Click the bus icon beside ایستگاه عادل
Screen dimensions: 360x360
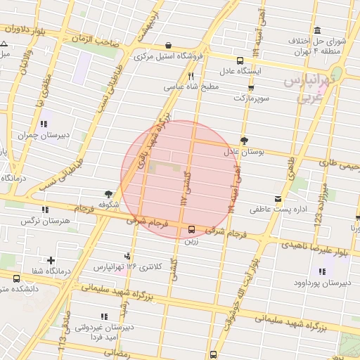click(240, 60)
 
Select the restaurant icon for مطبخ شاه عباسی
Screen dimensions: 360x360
click(191, 76)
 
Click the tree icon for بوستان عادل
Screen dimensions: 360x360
click(243, 140)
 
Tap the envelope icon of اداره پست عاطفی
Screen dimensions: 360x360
click(278, 199)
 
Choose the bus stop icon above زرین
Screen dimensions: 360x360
click(191, 229)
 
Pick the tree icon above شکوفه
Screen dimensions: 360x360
click(108, 193)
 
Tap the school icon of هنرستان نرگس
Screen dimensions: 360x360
click(46, 210)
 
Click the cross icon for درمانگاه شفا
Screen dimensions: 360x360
click(51, 260)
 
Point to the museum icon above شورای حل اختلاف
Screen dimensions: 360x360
click(318, 30)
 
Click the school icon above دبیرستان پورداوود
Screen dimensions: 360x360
click(323, 271)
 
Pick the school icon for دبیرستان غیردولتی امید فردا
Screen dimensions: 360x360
click(105, 316)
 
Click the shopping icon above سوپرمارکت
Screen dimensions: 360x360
click(251, 88)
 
